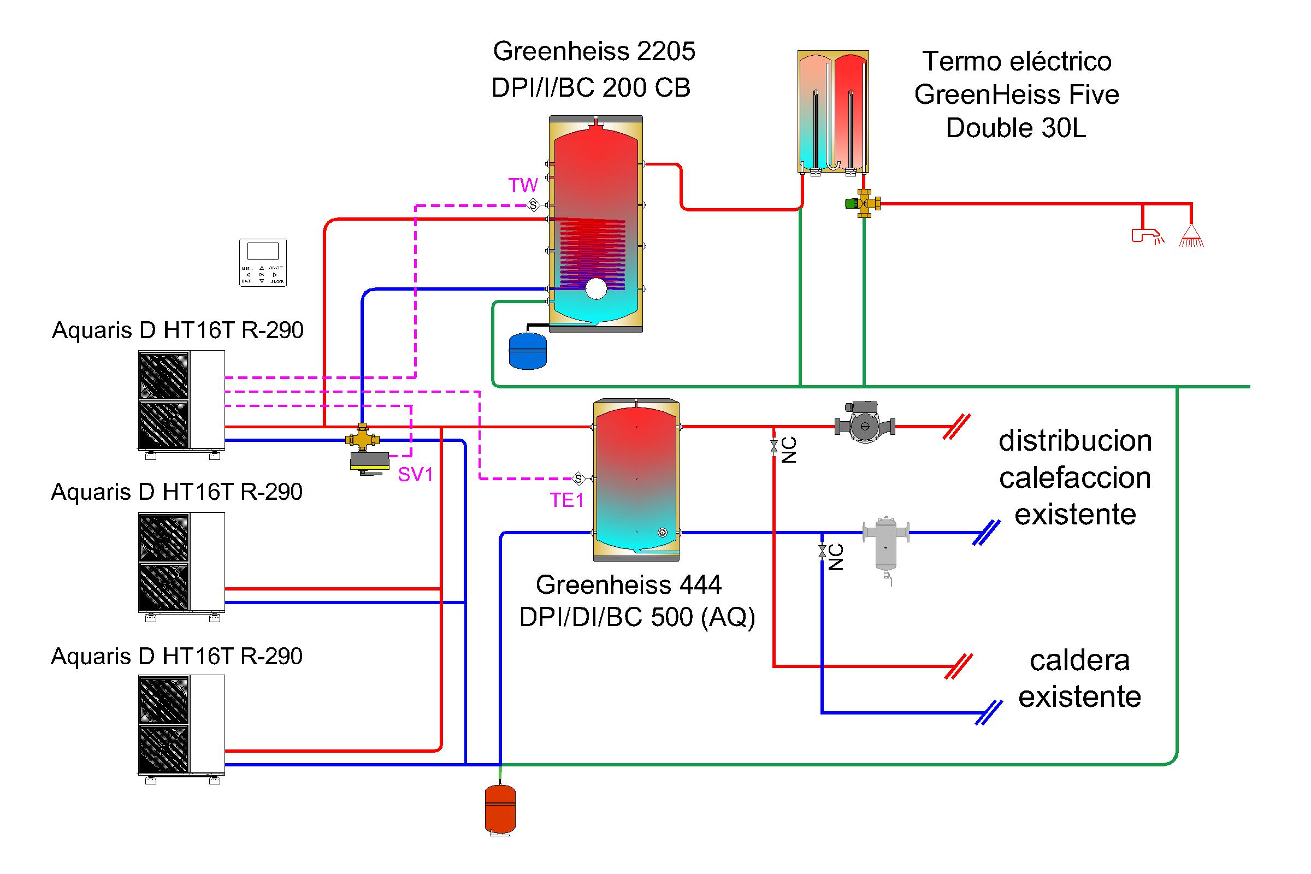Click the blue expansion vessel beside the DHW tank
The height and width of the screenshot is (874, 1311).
(528, 351)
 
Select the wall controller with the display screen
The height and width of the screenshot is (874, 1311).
(263, 263)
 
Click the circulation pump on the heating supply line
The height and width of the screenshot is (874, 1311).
(865, 427)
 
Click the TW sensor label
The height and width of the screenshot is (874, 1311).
(523, 185)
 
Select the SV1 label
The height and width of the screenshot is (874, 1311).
(415, 474)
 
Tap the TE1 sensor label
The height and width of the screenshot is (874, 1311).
(567, 500)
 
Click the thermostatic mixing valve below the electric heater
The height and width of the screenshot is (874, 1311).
(864, 203)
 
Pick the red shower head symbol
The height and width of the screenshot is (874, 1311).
(1191, 237)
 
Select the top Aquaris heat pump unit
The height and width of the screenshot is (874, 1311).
(181, 400)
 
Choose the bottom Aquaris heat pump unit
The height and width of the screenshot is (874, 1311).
(181, 725)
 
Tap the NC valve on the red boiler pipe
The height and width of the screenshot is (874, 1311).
(773, 446)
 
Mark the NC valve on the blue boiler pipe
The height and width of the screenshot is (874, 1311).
(822, 552)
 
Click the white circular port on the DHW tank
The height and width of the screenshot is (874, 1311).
(596, 289)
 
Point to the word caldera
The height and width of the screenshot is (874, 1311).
(1079, 660)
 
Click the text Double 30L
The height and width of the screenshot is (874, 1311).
(1015, 128)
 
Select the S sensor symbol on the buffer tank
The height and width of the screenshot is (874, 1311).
(578, 479)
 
